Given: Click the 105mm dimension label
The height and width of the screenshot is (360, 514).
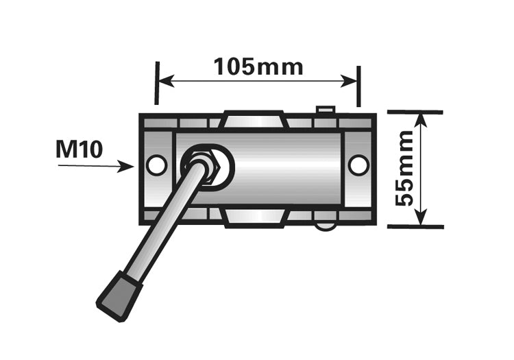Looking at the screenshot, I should point(258,67).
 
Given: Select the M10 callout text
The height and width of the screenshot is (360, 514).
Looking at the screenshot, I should point(79,149).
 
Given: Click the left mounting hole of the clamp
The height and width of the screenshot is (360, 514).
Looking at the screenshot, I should point(157,165).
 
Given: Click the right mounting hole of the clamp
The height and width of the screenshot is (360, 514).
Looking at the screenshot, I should point(358,165).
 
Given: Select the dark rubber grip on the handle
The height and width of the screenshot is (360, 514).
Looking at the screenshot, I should point(119,293).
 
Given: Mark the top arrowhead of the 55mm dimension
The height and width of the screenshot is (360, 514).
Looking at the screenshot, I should point(423,119).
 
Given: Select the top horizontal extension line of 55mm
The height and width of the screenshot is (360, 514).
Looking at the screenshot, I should point(415,112).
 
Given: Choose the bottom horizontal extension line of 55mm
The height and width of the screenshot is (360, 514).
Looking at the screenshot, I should point(415,226).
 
